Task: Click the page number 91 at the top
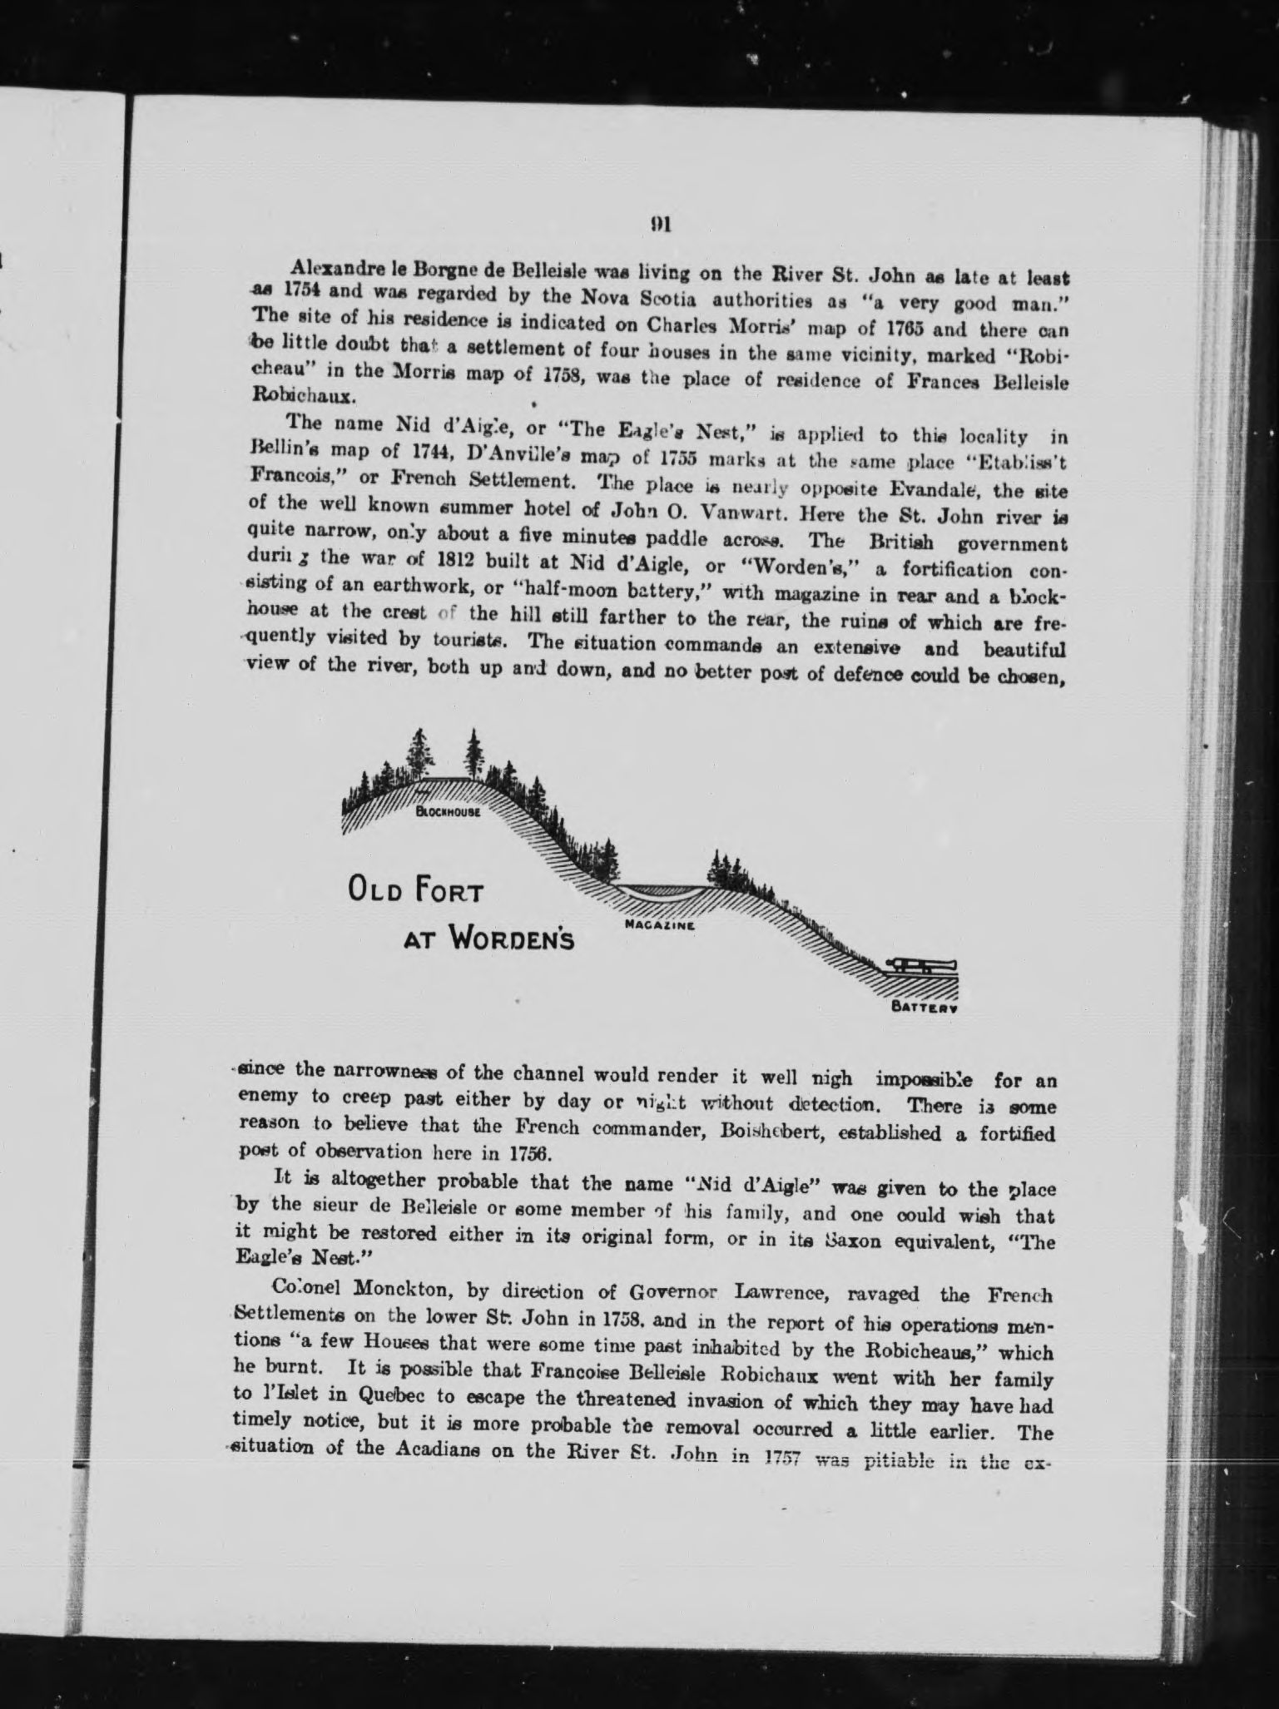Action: pyautogui.click(x=662, y=224)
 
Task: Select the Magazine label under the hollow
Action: pyautogui.click(x=660, y=924)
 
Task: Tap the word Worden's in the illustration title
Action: pyautogui.click(x=512, y=940)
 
